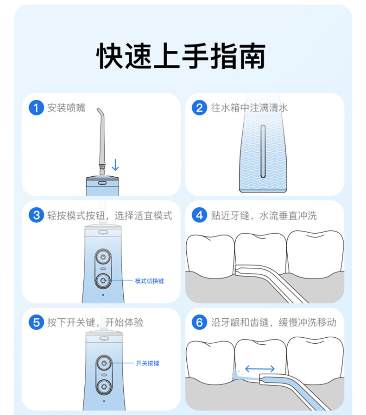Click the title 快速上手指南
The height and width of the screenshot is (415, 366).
pos(181,56)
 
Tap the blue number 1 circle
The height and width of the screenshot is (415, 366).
pos(36,108)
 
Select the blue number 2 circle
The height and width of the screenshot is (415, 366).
pos(199,108)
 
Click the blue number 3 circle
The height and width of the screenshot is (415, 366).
pos(36,215)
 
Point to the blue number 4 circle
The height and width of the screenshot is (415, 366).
pos(199,215)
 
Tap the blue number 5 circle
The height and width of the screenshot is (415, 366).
pos(36,322)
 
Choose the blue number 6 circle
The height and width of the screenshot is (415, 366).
pos(199,322)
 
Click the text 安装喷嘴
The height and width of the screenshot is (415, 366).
pos(66,108)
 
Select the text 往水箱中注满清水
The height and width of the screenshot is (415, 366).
pos(249,108)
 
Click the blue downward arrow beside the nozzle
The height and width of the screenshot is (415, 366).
pos(115,164)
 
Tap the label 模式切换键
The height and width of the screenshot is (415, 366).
pos(149,281)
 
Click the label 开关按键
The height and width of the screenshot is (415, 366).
pos(147,363)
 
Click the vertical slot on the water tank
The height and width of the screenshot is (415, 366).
pos(263,151)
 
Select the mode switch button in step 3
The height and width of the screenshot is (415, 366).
pos(103,279)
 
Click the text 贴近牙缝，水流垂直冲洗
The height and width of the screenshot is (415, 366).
pos(264,215)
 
